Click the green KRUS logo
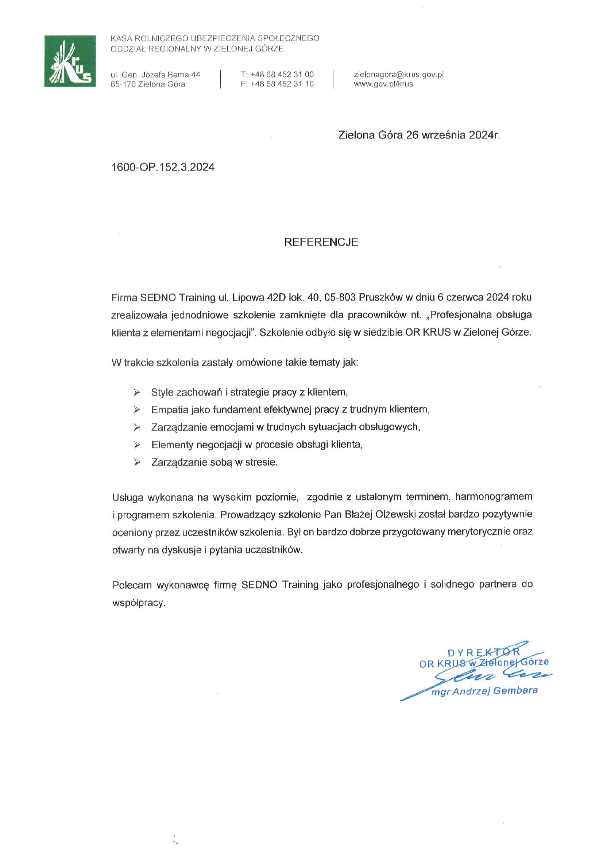70,61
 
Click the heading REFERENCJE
321,242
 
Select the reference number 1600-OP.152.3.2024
163,167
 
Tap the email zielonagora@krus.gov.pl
399,75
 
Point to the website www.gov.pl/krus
383,84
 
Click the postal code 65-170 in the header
123,84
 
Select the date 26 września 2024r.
453,135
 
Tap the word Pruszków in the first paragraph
379,298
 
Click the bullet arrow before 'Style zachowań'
137,392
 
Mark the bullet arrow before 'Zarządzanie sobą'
137,462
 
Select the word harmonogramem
494,496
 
